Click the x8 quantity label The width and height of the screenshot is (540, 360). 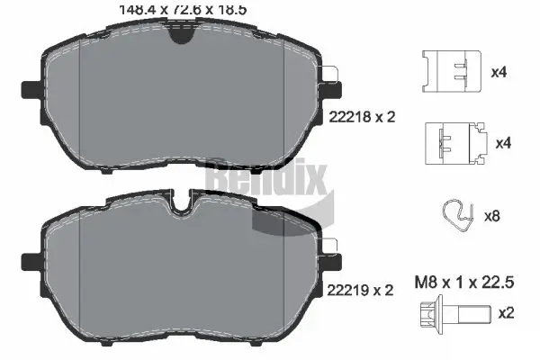click(x=492, y=216)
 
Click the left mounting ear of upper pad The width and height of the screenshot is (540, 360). click(x=28, y=89)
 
